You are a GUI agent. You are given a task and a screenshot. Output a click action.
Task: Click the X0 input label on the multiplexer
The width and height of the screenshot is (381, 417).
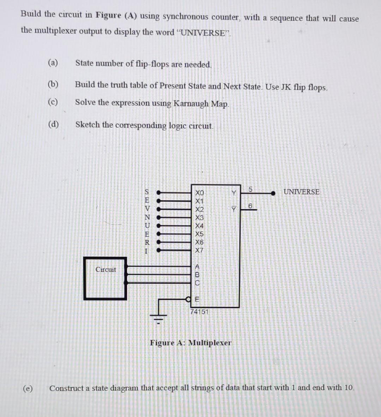tap(199, 193)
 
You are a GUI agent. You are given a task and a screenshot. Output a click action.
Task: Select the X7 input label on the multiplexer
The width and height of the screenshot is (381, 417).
tap(199, 250)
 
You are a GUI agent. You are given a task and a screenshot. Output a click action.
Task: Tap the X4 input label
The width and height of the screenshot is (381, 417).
tap(199, 226)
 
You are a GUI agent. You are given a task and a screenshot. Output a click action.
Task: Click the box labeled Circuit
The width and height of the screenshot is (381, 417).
tap(105, 279)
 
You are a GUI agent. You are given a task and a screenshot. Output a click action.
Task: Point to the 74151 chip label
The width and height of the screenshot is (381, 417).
tap(199, 312)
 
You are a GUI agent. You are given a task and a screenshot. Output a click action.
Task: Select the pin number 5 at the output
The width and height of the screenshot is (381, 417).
tap(250, 189)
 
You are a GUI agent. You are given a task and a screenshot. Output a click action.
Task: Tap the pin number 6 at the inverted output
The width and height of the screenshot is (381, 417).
tap(250, 205)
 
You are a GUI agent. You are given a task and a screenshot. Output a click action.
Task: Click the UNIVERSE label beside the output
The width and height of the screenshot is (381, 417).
tap(301, 192)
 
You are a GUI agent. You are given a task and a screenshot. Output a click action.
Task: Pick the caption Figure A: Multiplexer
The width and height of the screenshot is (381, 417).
tap(190, 342)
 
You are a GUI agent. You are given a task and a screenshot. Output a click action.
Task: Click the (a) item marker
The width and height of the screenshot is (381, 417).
tap(53, 63)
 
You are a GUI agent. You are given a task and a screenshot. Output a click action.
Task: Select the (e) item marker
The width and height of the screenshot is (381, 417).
tap(27, 388)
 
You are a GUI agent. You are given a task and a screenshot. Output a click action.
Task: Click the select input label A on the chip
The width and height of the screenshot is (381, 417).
tap(198, 267)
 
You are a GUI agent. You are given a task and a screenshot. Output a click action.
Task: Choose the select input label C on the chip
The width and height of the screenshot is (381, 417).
tap(198, 283)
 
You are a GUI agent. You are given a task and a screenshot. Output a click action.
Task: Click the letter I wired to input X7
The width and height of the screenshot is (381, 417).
tap(147, 251)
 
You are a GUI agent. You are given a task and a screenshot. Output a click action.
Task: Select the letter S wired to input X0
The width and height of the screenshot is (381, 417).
tap(147, 192)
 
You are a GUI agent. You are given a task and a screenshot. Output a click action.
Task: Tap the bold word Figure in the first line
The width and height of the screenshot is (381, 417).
tap(108, 15)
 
